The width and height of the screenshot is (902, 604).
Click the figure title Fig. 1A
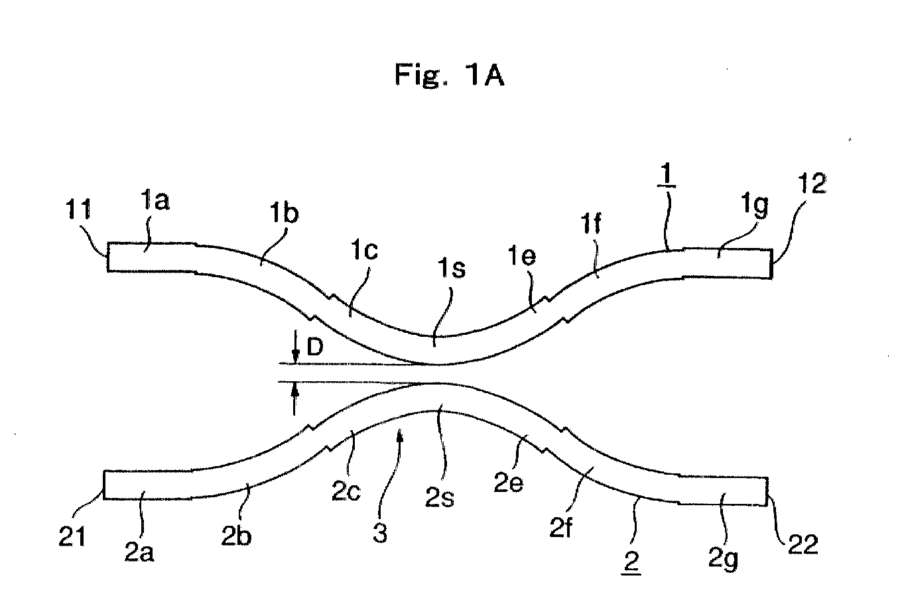(450, 76)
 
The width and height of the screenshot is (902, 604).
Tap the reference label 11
(78, 210)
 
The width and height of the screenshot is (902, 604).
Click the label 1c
(364, 250)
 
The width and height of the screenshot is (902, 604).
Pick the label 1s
(452, 268)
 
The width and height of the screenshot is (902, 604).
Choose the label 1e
(522, 255)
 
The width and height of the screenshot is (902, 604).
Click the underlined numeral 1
(667, 175)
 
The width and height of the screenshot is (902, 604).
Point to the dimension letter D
(315, 346)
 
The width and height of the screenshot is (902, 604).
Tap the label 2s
(439, 497)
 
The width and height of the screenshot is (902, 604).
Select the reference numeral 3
(380, 532)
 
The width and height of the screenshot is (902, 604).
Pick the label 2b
(236, 536)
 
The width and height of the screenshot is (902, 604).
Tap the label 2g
(723, 560)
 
